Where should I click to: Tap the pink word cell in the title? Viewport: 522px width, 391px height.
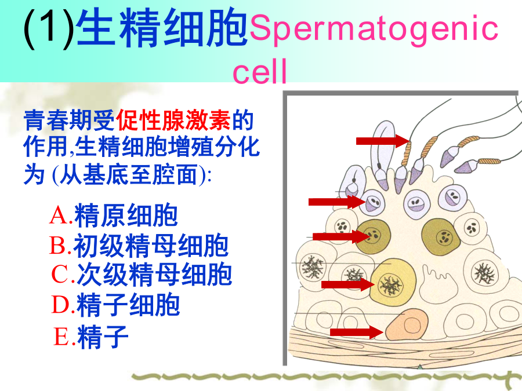click(260, 71)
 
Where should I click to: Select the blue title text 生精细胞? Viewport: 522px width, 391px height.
click(162, 27)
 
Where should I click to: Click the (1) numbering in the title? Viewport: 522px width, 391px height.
click(49, 28)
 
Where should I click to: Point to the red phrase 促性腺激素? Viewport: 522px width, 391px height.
click(173, 120)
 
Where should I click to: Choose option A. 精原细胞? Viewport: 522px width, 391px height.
click(114, 215)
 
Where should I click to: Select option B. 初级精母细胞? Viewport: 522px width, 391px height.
click(139, 246)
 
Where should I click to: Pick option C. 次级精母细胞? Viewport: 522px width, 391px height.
click(142, 275)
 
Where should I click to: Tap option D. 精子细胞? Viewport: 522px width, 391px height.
click(115, 305)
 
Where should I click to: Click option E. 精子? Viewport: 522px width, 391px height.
click(90, 337)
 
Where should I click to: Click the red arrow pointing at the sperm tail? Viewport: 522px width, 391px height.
click(383, 141)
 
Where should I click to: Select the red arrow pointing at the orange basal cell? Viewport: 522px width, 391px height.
click(357, 332)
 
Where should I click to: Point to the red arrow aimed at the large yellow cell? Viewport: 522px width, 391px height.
click(348, 284)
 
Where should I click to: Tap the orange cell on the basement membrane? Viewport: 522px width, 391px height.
click(407, 325)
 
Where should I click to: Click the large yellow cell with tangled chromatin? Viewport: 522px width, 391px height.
click(393, 283)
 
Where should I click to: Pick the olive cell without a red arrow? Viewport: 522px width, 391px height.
click(441, 236)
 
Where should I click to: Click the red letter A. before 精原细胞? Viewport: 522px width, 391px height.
click(60, 215)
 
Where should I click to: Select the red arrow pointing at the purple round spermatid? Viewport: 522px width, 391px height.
click(337, 202)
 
